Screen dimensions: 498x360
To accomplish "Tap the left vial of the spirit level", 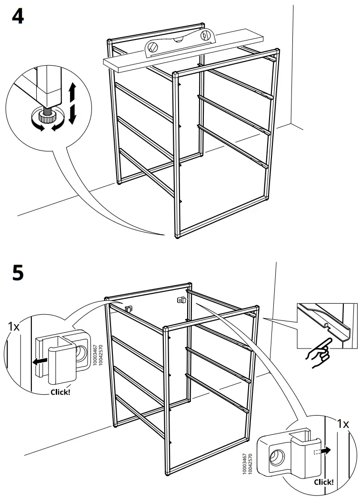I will (153, 47).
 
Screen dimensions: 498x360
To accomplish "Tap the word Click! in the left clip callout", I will (60, 392).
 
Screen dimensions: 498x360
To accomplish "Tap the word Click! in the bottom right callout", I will (323, 482).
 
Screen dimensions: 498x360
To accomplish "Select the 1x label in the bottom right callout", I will (342, 424).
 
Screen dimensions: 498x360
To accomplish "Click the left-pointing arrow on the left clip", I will (40, 362).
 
